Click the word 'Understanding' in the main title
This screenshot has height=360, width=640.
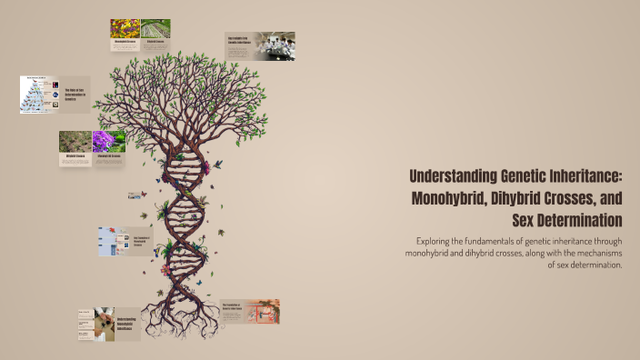point(451,175)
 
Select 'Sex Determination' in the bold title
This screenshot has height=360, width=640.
point(568,220)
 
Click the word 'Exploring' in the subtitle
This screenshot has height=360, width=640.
point(433,241)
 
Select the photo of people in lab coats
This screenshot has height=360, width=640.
point(274,46)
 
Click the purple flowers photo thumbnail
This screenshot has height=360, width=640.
point(109,141)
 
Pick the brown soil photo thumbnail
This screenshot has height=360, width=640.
point(75,142)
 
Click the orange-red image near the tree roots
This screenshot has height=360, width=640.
point(263,312)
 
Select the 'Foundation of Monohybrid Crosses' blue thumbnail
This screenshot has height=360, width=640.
point(114,241)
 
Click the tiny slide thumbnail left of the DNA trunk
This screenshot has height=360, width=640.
point(135,195)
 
